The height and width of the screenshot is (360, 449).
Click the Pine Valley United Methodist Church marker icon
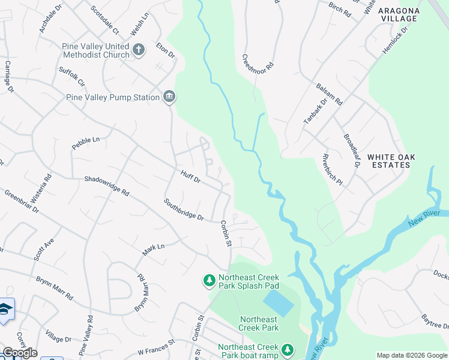tap(139, 50)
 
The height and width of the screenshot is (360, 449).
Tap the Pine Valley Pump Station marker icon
tap(169, 97)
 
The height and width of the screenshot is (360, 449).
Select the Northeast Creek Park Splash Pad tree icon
tap(209, 280)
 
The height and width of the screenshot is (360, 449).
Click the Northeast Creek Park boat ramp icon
tap(288, 350)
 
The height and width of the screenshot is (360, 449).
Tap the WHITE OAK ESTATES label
tap(391, 161)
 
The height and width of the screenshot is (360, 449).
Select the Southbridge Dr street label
tap(184, 209)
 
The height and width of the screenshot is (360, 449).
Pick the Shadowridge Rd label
tap(106, 186)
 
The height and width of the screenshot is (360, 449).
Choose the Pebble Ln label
tap(85, 143)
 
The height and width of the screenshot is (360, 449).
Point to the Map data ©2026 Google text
tap(411, 355)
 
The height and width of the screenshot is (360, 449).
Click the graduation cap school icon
tap(5, 310)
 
